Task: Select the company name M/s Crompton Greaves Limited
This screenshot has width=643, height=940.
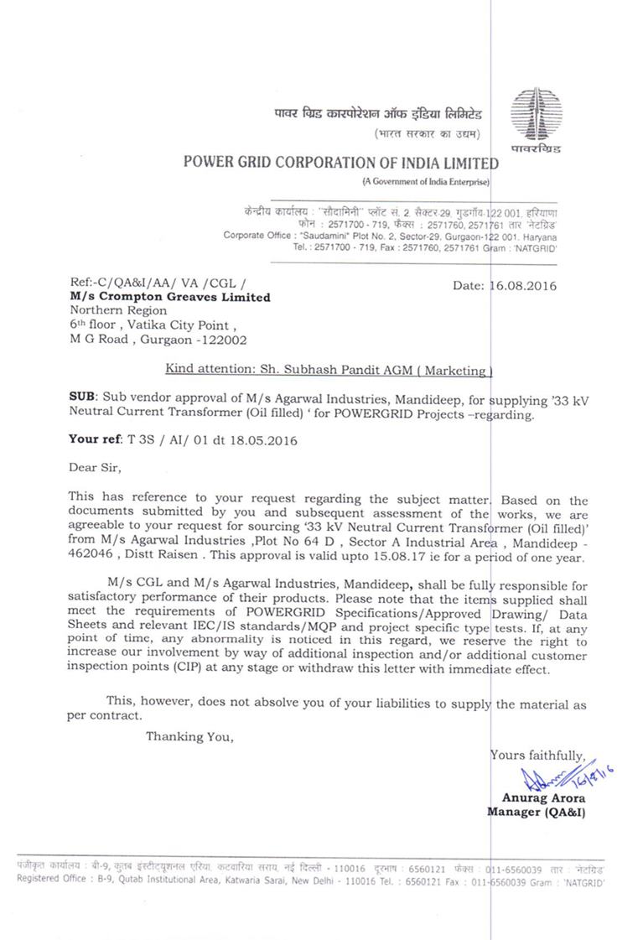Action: pos(169,297)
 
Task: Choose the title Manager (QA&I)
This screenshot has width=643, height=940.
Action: pos(536,812)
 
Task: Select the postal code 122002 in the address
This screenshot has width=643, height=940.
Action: pos(220,340)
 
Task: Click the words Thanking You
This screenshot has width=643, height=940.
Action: pos(189,736)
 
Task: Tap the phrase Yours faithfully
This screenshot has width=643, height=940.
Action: pos(537,755)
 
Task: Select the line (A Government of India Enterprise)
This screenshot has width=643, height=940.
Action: pos(426,182)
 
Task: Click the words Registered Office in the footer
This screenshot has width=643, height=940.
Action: pos(50,879)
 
